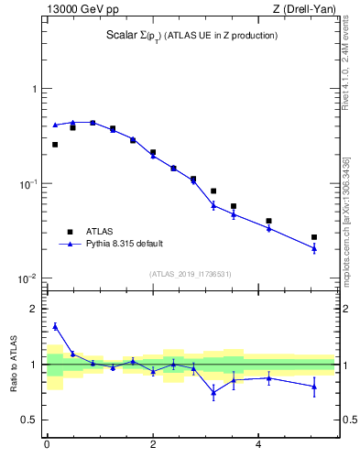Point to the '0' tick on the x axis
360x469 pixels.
pos(47,445)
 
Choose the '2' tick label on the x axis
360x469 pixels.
pos(153,445)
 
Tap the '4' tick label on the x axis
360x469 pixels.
pos(259,445)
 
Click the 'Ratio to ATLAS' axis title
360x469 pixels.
pos(12,364)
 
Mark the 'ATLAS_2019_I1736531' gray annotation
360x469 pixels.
pos(191,273)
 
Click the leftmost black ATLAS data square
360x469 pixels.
pos(55,145)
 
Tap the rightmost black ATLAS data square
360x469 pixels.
pos(314,237)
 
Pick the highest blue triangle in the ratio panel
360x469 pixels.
pos(55,326)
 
